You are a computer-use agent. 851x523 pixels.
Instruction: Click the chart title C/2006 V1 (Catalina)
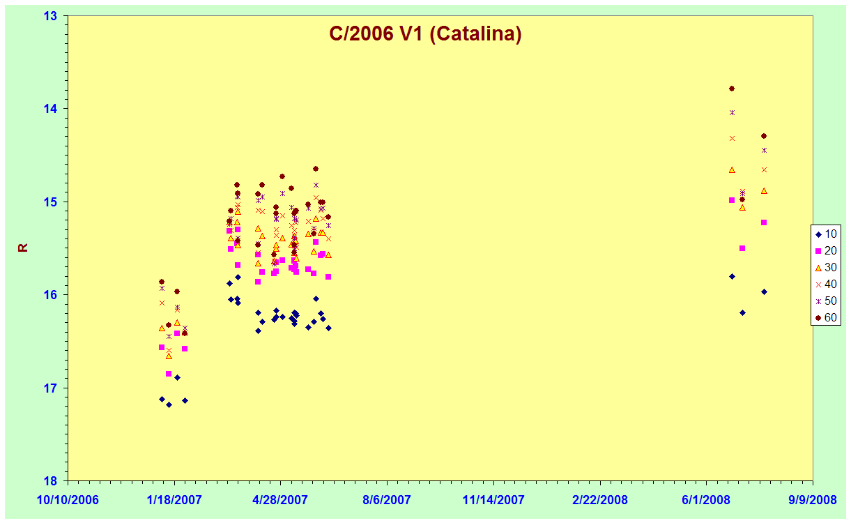(425, 34)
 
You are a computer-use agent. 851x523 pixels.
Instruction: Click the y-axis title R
(23, 248)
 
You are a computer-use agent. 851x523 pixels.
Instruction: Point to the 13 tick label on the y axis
(50, 16)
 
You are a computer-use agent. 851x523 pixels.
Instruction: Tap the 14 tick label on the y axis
(50, 109)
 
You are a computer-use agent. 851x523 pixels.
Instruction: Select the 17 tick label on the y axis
(50, 388)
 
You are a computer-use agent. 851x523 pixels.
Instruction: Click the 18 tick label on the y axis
(50, 481)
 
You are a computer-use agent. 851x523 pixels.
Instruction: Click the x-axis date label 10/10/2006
(68, 500)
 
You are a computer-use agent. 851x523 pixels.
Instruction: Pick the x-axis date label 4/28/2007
(280, 500)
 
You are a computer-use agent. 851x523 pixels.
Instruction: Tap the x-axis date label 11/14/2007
(493, 500)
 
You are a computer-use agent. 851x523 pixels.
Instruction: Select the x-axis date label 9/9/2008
(813, 500)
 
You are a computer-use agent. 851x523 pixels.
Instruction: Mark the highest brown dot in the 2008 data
(732, 89)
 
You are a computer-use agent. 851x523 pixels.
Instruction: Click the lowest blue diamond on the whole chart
(169, 404)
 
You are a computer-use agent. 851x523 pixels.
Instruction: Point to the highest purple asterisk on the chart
(732, 112)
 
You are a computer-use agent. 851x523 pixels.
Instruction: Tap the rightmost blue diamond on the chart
(764, 292)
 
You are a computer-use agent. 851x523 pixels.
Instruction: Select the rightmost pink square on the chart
(764, 222)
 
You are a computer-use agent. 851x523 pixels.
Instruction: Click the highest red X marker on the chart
(732, 138)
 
